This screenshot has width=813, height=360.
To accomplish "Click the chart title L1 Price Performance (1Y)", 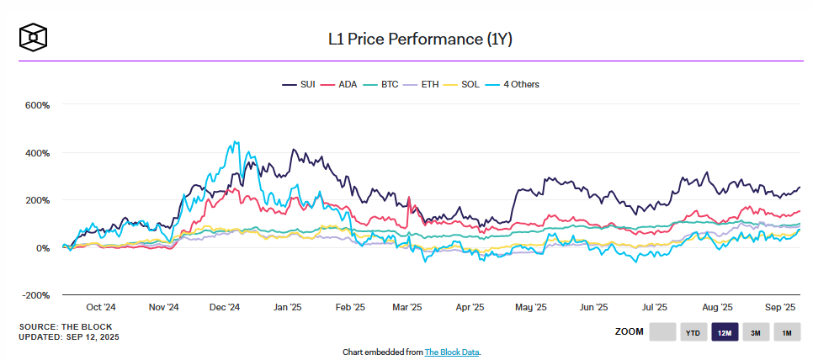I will (406, 39).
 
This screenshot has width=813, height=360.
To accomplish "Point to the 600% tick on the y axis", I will (38, 106).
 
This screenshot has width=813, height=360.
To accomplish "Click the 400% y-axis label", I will (38, 153).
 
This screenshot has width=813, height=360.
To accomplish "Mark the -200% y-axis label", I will (36, 295).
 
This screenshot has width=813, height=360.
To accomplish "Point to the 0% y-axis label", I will (42, 248).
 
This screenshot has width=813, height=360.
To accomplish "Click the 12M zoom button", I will (725, 332).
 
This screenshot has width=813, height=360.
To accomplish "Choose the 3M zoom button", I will (756, 332).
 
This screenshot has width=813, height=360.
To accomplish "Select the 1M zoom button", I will (787, 332).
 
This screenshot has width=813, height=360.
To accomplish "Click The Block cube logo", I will (33, 37).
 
